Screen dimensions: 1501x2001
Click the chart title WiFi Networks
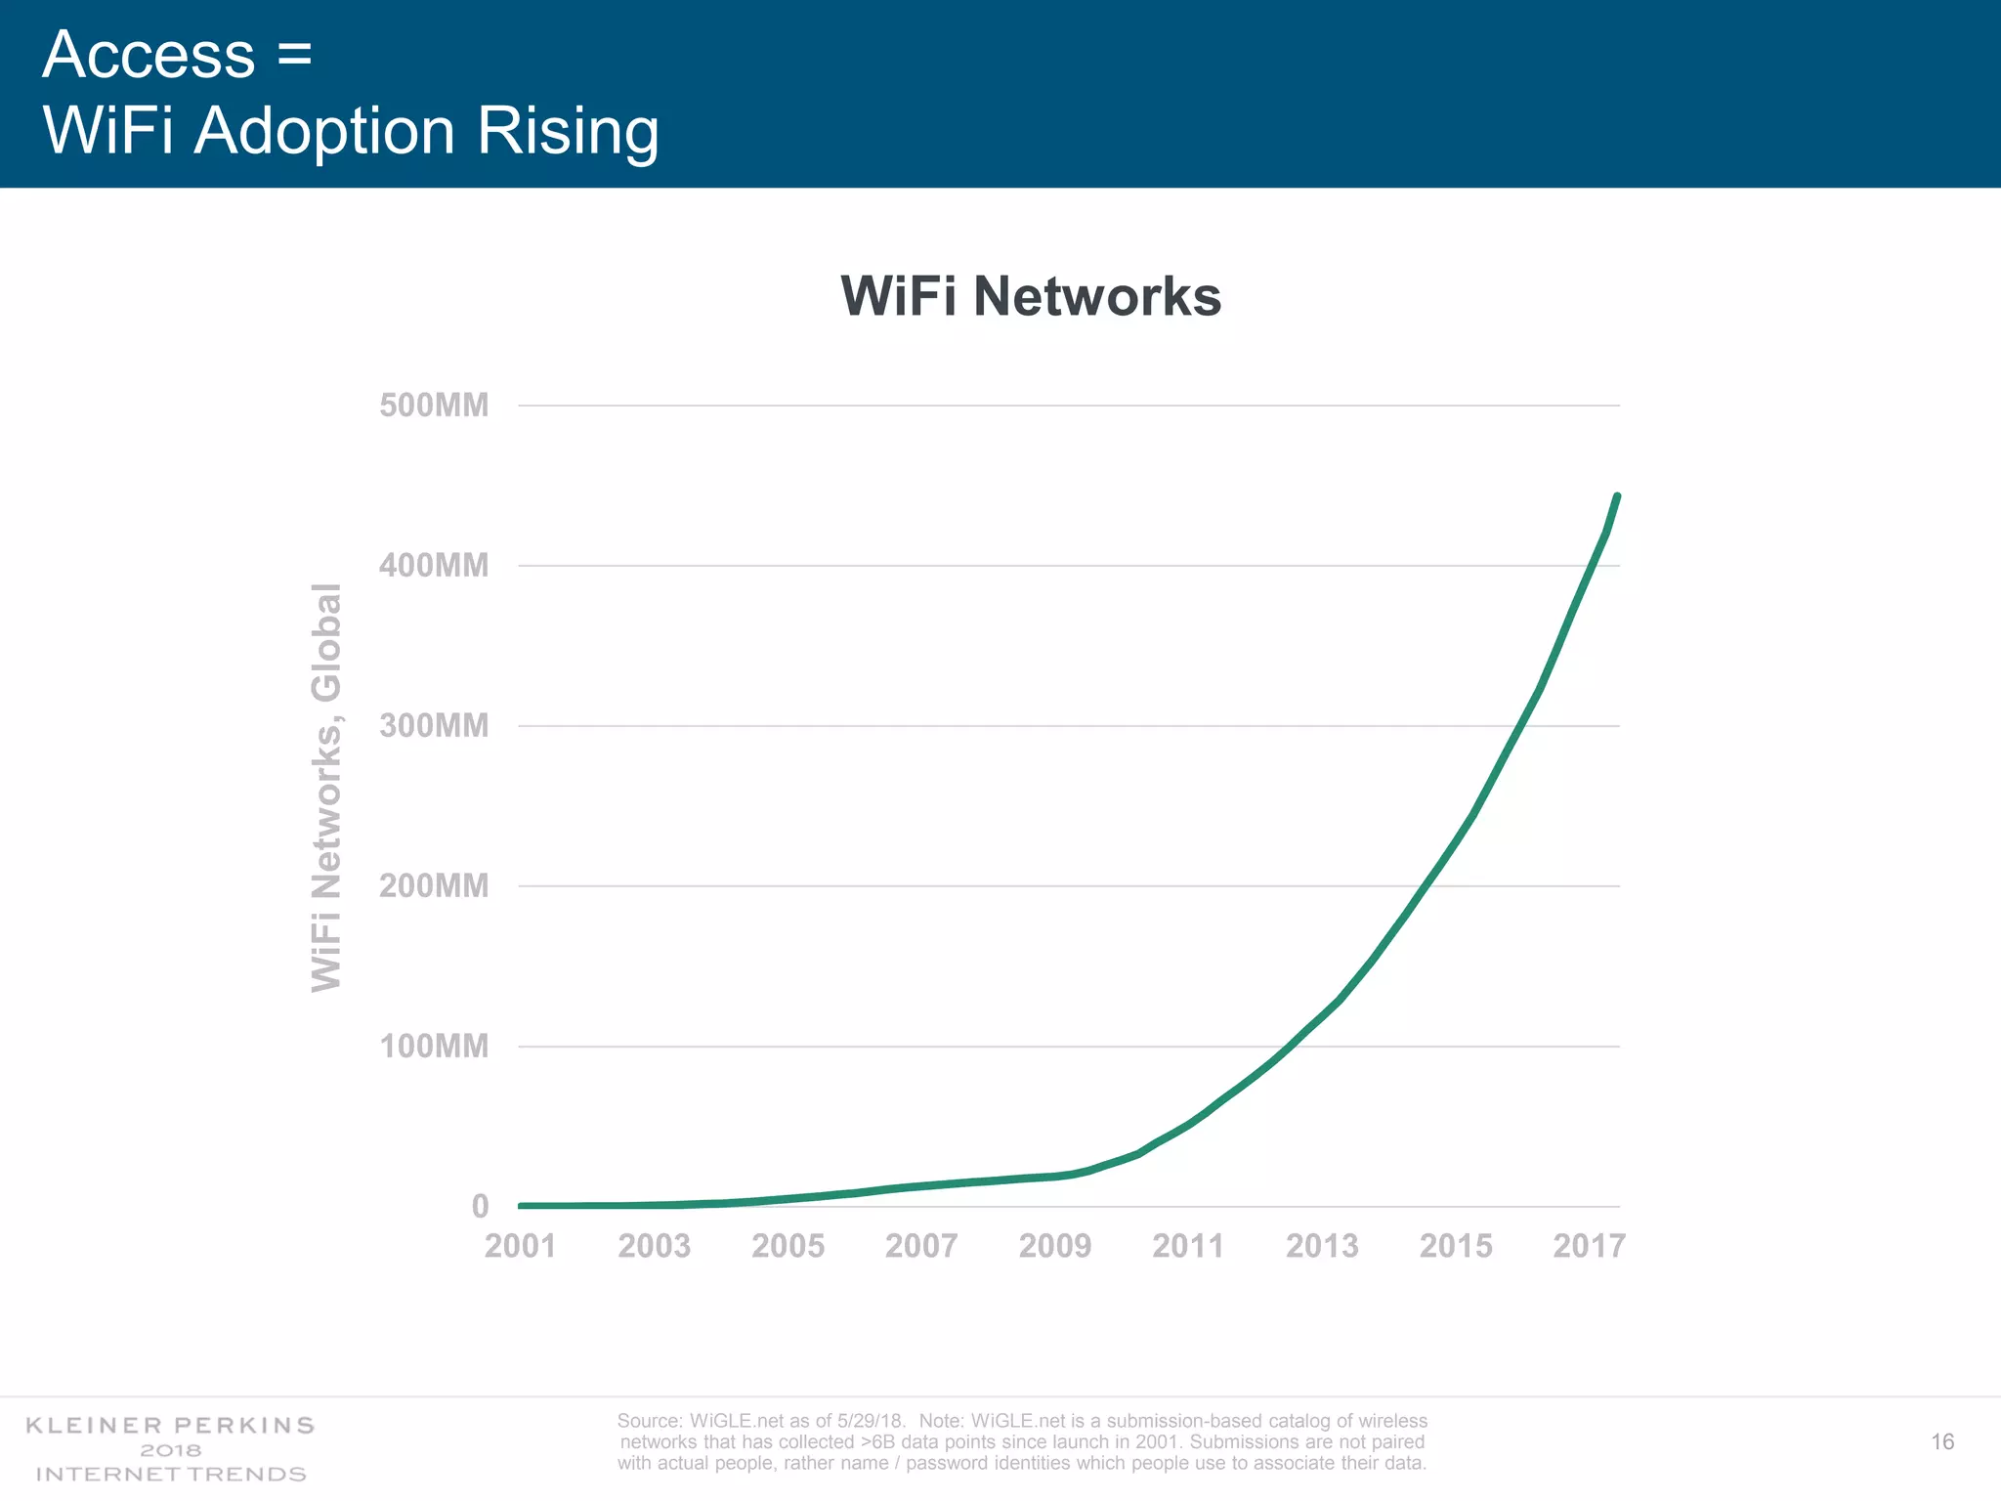point(1031,296)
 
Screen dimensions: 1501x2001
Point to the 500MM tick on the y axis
point(434,406)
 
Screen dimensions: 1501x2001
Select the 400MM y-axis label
point(434,566)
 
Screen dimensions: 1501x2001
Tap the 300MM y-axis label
point(434,726)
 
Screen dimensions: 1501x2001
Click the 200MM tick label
point(434,886)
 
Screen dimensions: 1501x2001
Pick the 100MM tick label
point(434,1047)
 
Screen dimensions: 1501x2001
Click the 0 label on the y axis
point(480,1207)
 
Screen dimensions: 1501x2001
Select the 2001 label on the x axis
point(520,1247)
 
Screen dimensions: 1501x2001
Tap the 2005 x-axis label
point(788,1247)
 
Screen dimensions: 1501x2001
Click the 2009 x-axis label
point(1054,1247)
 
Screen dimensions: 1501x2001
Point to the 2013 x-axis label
point(1322,1247)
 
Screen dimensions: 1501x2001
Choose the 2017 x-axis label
point(1589,1247)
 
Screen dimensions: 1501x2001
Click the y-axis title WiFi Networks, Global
point(326,788)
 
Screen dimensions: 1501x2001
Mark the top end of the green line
point(1617,497)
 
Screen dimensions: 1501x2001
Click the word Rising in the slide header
point(568,131)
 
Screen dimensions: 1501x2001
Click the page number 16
point(1942,1442)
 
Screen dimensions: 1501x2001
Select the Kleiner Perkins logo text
point(170,1426)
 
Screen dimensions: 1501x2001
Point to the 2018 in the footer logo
point(170,1451)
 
